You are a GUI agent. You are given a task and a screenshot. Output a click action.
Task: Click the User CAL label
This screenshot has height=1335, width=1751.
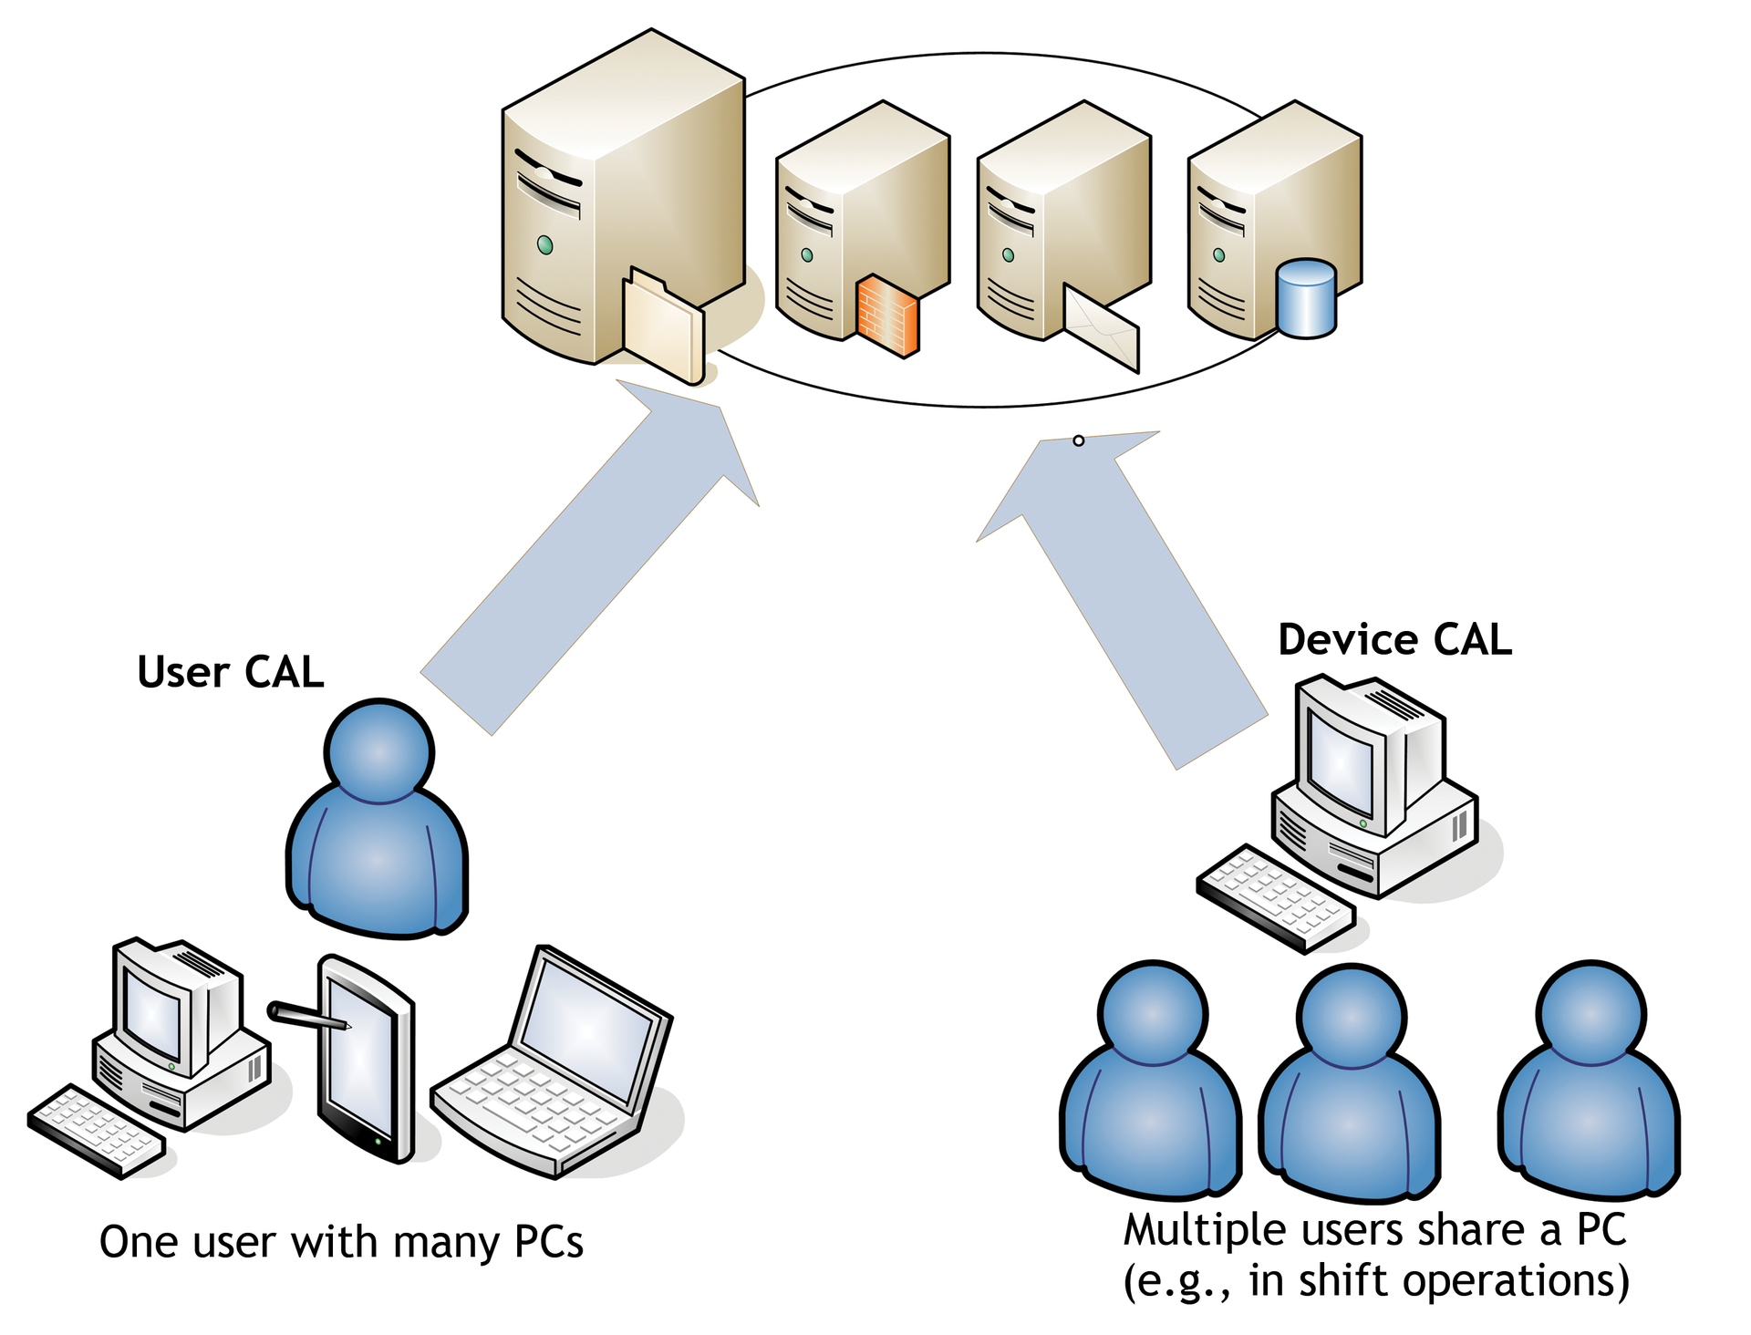(231, 673)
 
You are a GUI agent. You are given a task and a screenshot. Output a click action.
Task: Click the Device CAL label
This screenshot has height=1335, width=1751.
(1394, 640)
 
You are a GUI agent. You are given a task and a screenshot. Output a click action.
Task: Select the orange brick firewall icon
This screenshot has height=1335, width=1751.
(887, 316)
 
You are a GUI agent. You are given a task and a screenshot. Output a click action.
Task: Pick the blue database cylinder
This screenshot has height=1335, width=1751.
(1306, 299)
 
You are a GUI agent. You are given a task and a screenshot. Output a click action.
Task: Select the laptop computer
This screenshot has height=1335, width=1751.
(556, 1067)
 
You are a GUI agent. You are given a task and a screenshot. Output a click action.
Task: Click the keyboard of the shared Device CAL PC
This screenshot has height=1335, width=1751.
(1275, 898)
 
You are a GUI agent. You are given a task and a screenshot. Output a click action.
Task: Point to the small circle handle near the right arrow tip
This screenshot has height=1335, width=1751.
(1079, 440)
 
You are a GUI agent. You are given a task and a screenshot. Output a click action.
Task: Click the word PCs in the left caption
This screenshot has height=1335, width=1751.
(548, 1242)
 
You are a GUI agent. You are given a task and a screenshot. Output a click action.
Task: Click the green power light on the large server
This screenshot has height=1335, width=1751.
(545, 244)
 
